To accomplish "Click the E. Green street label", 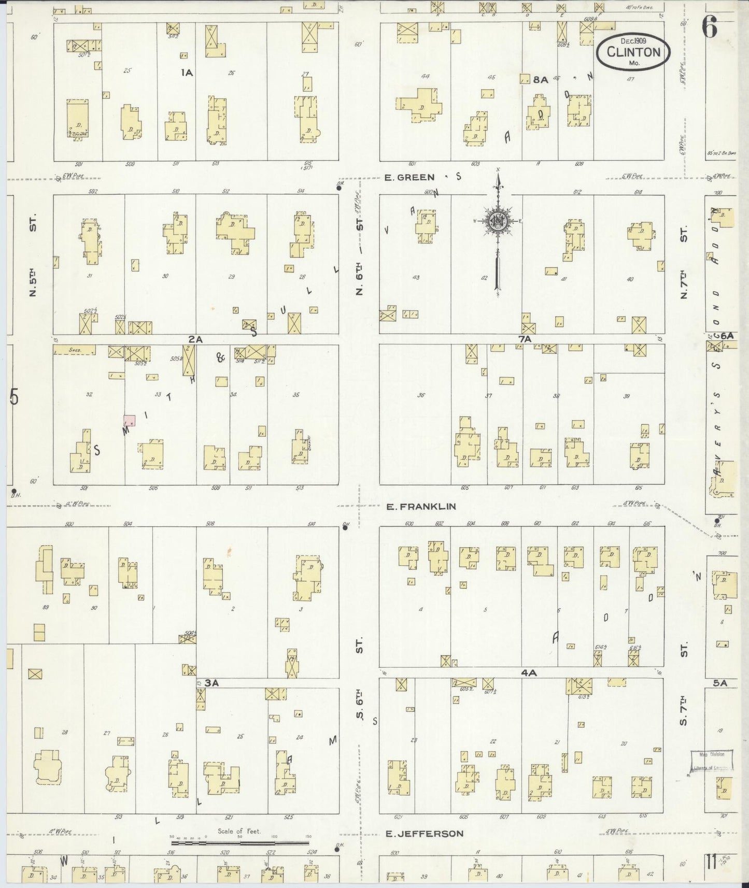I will (x=409, y=178).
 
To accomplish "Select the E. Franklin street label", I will (x=420, y=506).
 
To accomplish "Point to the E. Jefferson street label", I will (x=425, y=834).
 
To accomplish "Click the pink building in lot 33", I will (x=129, y=421).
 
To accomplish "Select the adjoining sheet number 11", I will (x=710, y=863).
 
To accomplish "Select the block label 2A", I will (x=195, y=339).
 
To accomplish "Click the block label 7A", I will (x=525, y=339).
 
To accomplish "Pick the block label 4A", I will (x=528, y=672).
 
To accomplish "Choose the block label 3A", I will (x=211, y=683).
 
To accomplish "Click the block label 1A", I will (x=187, y=73).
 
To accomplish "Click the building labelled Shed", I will (x=75, y=350).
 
